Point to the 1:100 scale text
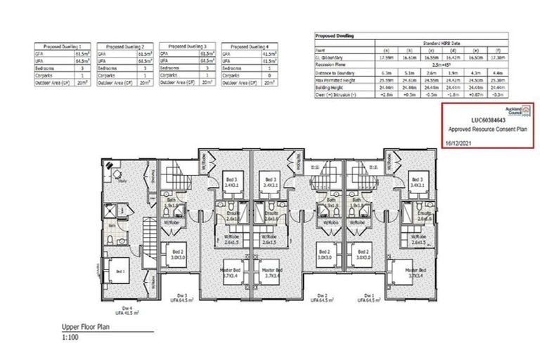point(69,338)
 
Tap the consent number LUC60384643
point(487,121)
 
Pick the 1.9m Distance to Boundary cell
point(455,72)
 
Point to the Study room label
point(122,180)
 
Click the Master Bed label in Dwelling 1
point(416,271)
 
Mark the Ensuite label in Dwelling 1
point(423,214)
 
